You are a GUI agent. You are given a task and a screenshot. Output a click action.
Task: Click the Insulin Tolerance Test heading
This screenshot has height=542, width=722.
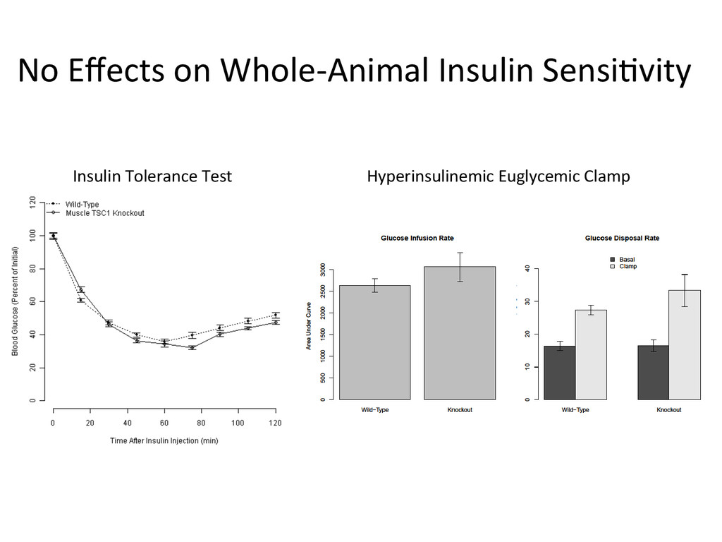(152, 176)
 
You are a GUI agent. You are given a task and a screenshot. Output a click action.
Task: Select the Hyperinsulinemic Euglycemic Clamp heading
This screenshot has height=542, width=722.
(498, 176)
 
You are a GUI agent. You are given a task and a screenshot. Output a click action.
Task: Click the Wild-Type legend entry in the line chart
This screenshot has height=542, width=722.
(82, 204)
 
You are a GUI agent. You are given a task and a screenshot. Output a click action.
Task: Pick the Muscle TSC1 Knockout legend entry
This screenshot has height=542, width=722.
(104, 212)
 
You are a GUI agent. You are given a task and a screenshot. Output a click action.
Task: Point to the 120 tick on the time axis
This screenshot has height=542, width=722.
(275, 423)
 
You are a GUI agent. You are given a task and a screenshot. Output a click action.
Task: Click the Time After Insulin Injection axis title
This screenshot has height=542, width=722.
(164, 441)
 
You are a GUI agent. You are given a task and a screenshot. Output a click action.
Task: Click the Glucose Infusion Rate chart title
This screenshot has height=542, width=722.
(417, 239)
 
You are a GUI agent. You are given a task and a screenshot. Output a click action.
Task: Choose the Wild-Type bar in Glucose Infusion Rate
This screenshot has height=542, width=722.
(375, 342)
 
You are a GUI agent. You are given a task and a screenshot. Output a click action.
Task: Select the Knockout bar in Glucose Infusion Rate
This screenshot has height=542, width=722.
(460, 333)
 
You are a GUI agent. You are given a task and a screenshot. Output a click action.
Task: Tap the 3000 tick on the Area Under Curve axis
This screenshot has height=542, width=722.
(323, 270)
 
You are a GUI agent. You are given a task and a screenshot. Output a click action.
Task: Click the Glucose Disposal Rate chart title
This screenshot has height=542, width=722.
(622, 239)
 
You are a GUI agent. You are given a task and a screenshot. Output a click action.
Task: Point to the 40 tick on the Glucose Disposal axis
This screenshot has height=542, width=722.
(525, 269)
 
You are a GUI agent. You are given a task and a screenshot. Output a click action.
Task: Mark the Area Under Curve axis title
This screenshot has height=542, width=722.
(308, 326)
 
